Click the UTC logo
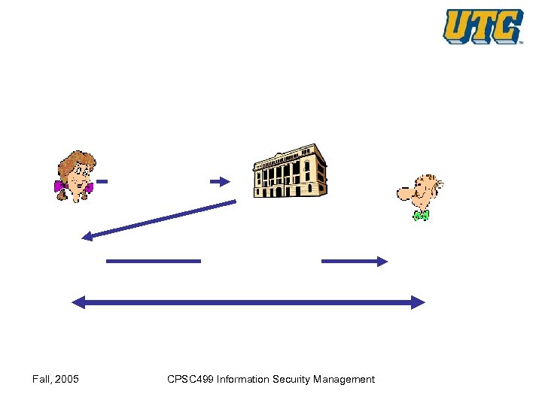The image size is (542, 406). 483,26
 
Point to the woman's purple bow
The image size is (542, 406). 60,186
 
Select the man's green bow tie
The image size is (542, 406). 421,216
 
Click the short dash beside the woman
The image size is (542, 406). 102,181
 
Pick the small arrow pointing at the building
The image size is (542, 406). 219,181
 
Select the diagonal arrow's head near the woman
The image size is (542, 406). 87,237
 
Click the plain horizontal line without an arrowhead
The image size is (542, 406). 154,261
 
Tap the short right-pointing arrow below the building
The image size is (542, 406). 354,261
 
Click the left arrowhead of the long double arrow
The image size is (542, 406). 78,302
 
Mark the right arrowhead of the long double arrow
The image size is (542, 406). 419,302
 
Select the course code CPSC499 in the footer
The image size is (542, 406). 190,379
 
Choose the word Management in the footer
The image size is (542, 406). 346,379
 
